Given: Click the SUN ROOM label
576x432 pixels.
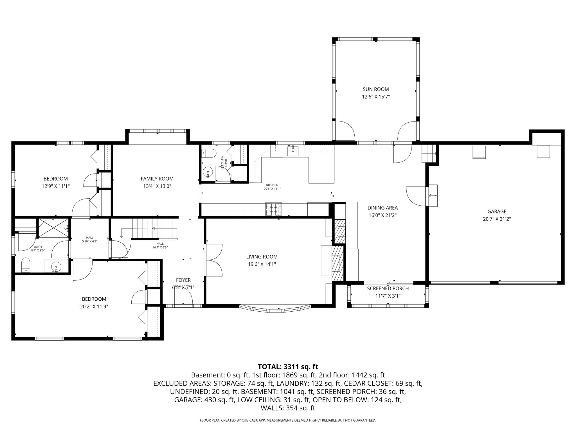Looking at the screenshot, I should click(376, 89).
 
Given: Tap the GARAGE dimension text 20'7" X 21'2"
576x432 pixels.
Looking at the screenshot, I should click(497, 219).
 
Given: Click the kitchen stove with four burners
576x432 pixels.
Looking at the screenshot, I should click(273, 210).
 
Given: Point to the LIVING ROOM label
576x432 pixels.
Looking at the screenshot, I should click(262, 257).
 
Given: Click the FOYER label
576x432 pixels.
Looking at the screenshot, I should click(183, 280).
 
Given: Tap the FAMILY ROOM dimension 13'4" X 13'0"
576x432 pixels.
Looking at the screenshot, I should click(157, 186).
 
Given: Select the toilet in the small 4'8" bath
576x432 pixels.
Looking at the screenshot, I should click(208, 154).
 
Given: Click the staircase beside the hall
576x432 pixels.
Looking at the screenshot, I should click(155, 228).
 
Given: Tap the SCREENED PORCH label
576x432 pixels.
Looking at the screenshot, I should click(388, 289).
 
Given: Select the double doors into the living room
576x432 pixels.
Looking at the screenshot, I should click(214, 260).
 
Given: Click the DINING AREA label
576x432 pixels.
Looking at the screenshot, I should click(382, 208).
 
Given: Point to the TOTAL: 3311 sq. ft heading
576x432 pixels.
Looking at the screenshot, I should click(288, 367).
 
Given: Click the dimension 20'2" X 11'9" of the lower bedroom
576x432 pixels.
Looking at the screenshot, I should click(94, 307).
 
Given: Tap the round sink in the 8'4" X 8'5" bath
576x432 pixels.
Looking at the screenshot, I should click(57, 266).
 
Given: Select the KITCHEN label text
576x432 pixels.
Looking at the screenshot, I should click(272, 185).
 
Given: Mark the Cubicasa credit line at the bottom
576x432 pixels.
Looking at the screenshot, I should click(288, 420).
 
